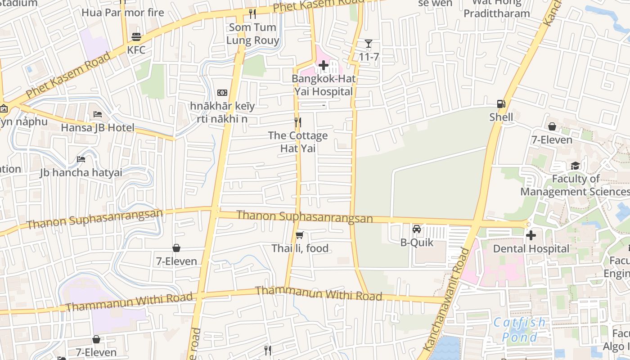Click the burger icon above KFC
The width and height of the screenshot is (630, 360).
136,36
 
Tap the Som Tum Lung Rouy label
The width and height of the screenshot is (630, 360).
252,34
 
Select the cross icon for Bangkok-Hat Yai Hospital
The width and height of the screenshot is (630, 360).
324,66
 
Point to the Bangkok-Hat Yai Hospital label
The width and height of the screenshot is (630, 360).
324,85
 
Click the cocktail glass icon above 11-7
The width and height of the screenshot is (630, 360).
369,44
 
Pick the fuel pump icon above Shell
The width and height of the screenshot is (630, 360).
501,104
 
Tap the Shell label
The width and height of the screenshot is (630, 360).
501,117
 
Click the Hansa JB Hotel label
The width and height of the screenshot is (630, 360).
98,127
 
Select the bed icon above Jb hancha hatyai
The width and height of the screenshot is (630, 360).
81,159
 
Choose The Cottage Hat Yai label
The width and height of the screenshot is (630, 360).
297,142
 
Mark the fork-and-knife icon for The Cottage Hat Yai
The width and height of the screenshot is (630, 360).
297,122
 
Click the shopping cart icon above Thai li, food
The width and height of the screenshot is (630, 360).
300,235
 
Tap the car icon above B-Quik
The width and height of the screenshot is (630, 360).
417,229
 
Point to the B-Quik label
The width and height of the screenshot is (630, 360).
417,243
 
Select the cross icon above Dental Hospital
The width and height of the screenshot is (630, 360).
531,235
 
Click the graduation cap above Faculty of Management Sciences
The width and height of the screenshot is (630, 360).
576,166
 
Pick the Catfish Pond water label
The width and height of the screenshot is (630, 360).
519,329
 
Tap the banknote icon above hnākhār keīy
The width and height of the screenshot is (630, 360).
222,93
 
